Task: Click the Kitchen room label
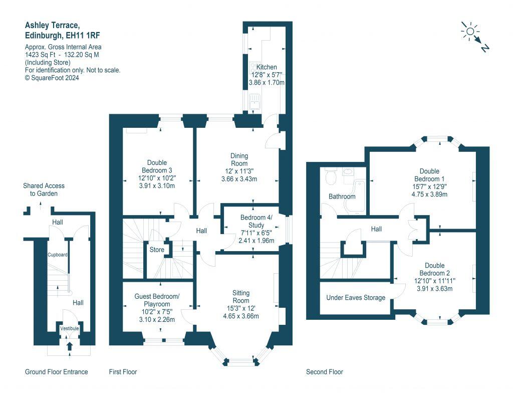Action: click(267, 67)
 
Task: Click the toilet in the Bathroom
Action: click(331, 176)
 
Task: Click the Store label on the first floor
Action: click(157, 250)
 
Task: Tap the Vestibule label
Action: click(69, 328)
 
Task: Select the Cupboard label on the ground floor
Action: click(58, 255)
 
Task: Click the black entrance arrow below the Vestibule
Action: click(70, 347)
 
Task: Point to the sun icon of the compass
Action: click(470, 32)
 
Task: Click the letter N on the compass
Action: click(485, 48)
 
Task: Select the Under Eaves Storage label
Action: click(356, 298)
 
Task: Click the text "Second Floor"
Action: click(325, 372)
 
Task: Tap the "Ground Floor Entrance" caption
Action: click(57, 372)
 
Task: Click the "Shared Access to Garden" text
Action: click(44, 189)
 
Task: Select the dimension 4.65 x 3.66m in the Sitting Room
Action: click(241, 316)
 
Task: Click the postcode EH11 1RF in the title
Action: click(83, 36)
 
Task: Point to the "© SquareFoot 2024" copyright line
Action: click(52, 78)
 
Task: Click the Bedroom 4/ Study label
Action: click(256, 222)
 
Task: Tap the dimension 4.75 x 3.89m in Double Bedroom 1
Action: click(429, 194)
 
